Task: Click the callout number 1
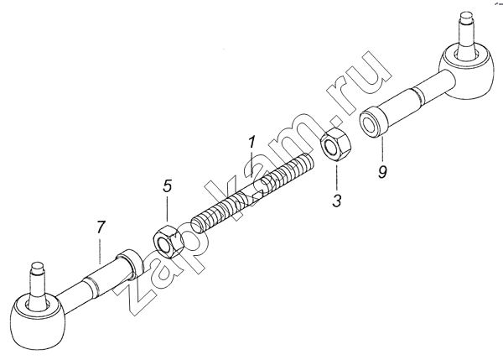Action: (x=251, y=143)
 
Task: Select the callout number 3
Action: (x=336, y=201)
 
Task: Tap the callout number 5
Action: (x=167, y=186)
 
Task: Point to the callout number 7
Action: (x=101, y=227)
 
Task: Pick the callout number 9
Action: (x=382, y=172)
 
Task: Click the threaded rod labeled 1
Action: (x=252, y=194)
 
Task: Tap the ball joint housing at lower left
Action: (x=38, y=321)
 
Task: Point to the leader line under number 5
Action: (x=167, y=210)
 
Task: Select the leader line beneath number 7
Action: (x=100, y=251)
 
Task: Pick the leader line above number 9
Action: (x=382, y=150)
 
